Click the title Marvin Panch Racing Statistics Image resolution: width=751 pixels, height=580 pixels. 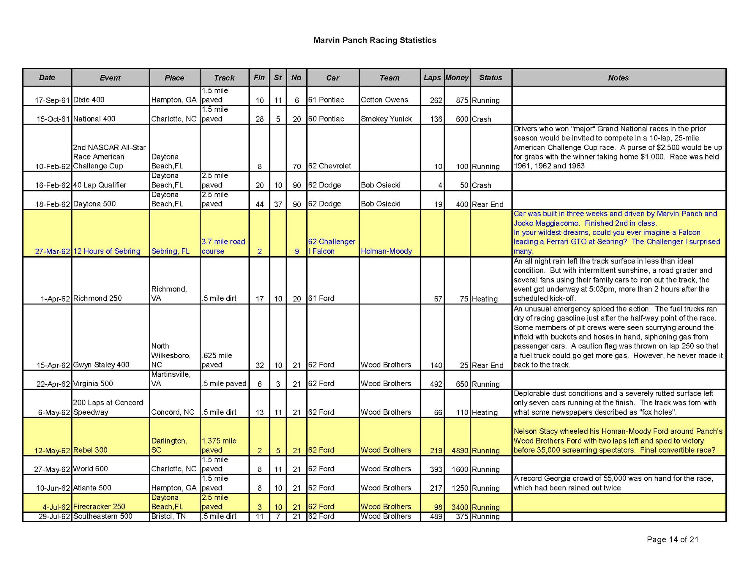click(375, 40)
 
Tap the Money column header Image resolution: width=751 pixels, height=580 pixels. click(457, 78)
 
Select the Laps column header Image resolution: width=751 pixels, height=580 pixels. click(432, 78)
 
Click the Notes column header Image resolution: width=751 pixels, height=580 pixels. click(618, 78)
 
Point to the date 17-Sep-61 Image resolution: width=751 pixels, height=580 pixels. click(52, 100)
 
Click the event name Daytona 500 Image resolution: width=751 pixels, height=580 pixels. click(94, 204)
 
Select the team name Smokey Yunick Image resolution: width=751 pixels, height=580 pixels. click(386, 119)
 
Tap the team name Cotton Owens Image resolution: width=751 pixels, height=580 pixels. click(384, 100)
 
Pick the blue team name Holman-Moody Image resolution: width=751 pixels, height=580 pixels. click(386, 251)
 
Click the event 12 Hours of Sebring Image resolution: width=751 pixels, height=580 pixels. click(107, 251)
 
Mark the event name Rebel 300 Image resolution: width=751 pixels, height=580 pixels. click(90, 450)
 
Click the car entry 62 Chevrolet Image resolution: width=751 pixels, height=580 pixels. click(329, 166)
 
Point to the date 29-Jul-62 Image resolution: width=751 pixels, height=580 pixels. click(54, 517)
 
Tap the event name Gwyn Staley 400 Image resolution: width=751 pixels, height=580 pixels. click(101, 365)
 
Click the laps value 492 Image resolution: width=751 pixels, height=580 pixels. click(436, 384)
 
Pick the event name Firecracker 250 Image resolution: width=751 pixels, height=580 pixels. click(99, 507)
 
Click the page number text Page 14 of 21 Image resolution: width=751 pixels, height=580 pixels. click(672, 539)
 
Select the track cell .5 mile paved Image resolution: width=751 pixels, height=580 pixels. click(224, 384)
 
